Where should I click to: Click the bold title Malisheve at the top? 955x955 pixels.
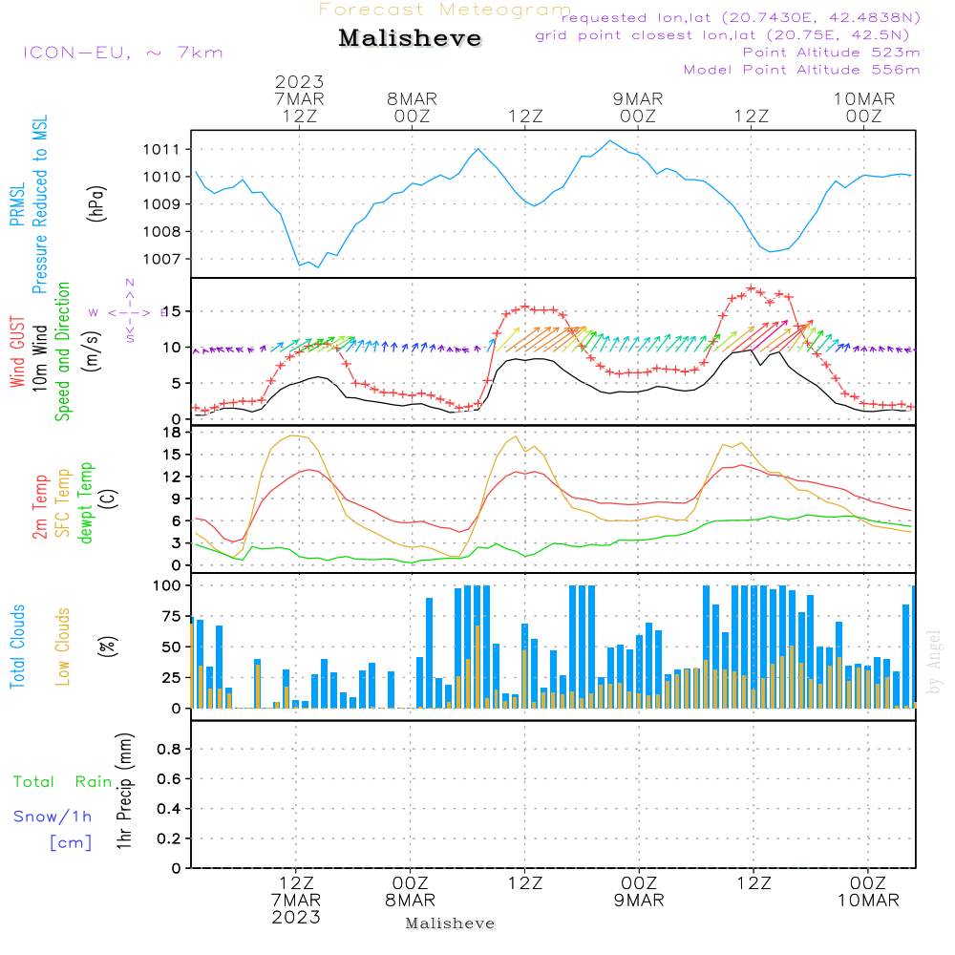click(411, 39)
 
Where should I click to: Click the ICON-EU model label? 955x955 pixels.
click(122, 52)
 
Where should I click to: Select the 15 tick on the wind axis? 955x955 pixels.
click(174, 311)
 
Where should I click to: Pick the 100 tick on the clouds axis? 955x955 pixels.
click(168, 584)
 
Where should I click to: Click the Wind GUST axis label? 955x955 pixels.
click(18, 352)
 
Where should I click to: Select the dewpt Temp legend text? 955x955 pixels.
click(85, 503)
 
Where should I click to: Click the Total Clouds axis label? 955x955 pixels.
click(18, 647)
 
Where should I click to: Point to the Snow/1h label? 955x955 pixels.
click(53, 817)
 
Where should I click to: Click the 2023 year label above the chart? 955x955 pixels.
click(300, 82)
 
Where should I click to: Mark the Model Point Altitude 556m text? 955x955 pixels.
click(801, 70)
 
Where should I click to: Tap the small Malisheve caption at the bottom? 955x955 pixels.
click(450, 923)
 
